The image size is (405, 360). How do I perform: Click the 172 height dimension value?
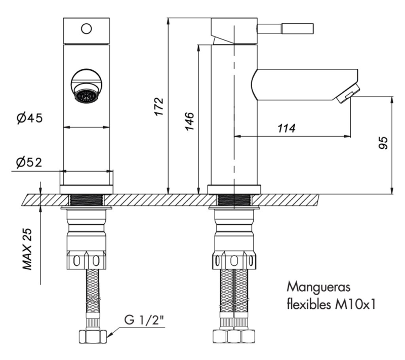158,106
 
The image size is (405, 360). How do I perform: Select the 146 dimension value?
189,121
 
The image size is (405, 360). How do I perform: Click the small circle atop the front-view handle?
86,28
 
